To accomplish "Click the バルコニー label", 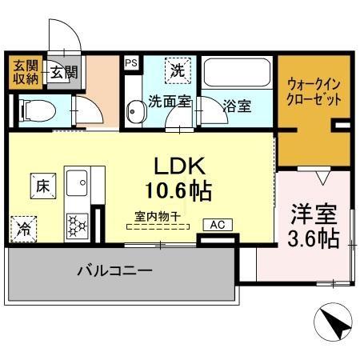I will point(114,271).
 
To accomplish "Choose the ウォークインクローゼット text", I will point(312,94).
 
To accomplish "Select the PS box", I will point(130,61).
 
